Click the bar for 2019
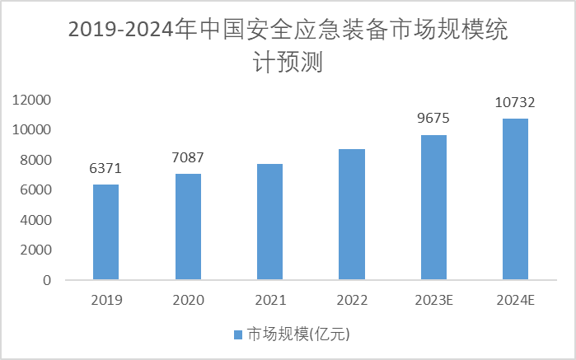(105, 232)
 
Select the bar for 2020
(188, 227)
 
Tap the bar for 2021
(269, 222)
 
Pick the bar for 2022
(352, 214)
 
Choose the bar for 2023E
(433, 208)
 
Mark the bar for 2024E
(516, 199)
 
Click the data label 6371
(105, 169)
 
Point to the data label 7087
(188, 157)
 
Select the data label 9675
(433, 119)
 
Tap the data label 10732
(516, 103)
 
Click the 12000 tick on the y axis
(32, 101)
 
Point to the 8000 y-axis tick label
(35, 161)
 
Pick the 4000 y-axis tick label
(35, 221)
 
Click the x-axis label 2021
(269, 300)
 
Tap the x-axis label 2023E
(433, 300)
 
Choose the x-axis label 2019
(105, 300)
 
